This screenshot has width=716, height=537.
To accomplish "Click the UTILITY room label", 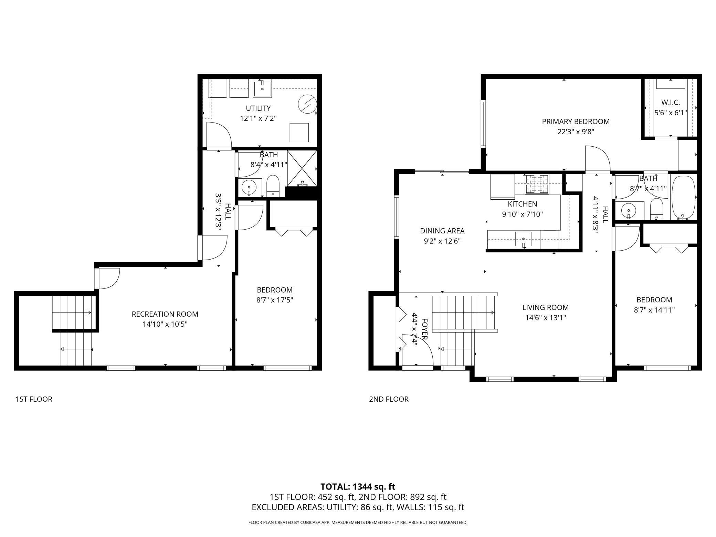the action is pos(258,108).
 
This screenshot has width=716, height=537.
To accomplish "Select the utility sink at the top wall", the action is pos(262,88).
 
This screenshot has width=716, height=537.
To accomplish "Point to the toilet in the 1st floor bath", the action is pos(273,186).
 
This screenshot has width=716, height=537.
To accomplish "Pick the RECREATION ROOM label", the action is pos(165,314).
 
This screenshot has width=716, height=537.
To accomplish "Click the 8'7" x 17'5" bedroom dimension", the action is pos(275,300).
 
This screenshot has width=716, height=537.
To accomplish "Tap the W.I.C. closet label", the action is pos(671,103).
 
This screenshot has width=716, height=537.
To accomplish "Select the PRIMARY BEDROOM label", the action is pos(576,122).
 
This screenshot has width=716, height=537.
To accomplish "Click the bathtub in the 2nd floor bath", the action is pos(684,197).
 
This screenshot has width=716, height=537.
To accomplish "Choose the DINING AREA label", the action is pos(442,231).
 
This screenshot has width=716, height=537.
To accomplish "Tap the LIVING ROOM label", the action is pos(546,307).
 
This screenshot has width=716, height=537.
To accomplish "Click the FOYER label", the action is pos(424,329).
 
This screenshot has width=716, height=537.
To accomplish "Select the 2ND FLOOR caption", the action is pos(389,399).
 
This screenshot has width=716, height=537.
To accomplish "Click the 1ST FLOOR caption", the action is pos(34,399).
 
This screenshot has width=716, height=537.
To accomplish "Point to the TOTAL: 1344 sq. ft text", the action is pos(358,487).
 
